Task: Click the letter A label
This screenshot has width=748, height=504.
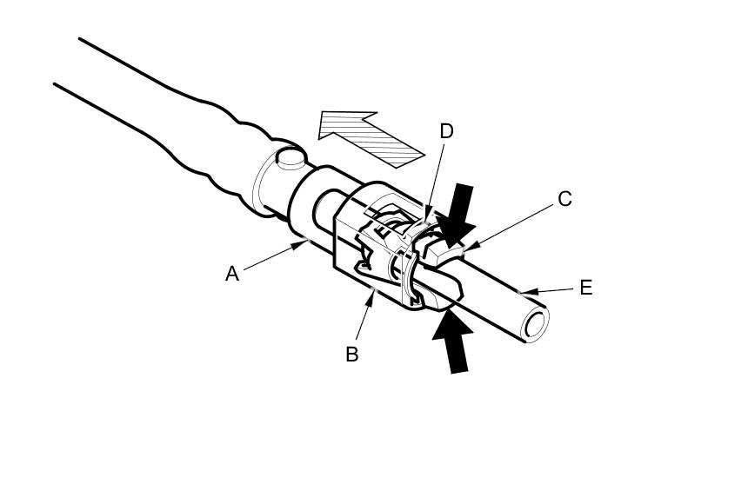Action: [x=231, y=274]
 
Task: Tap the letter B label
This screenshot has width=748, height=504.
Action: [x=352, y=354]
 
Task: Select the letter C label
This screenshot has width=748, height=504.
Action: [x=564, y=199]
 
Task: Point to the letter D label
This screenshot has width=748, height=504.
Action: [x=446, y=131]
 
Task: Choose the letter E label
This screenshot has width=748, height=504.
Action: [x=585, y=288]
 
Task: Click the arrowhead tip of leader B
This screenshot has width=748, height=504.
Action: [x=374, y=290]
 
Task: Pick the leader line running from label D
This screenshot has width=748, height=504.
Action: [x=437, y=174]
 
